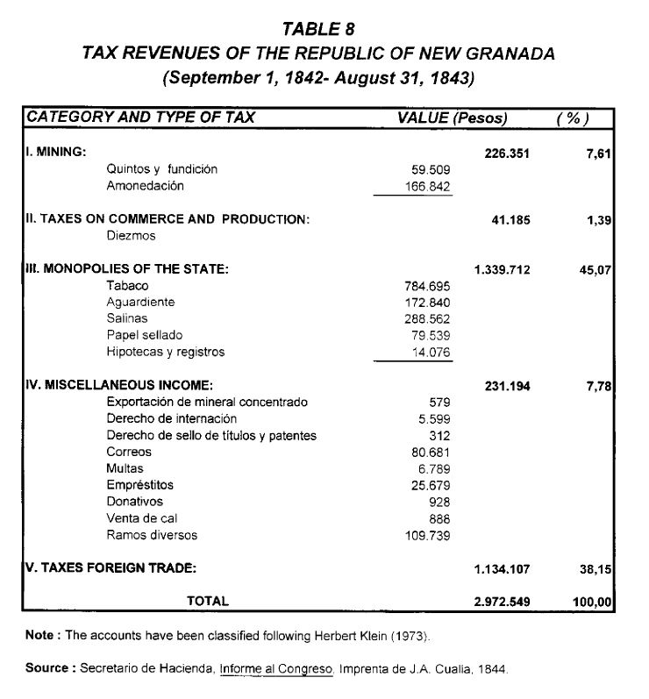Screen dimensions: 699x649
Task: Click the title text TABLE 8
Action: pos(318,31)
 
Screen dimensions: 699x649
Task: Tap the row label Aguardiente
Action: pos(140,302)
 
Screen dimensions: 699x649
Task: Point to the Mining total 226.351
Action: pos(507,153)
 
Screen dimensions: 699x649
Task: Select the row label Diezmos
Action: pos(131,236)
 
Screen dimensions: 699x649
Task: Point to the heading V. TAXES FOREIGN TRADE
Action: pos(110,568)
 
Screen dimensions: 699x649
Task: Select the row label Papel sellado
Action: pos(145,335)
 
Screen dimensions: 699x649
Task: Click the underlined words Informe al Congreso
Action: pos(276,668)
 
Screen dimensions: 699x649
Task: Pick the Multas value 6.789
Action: pos(434,468)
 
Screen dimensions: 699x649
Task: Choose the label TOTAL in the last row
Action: pos(208,601)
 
